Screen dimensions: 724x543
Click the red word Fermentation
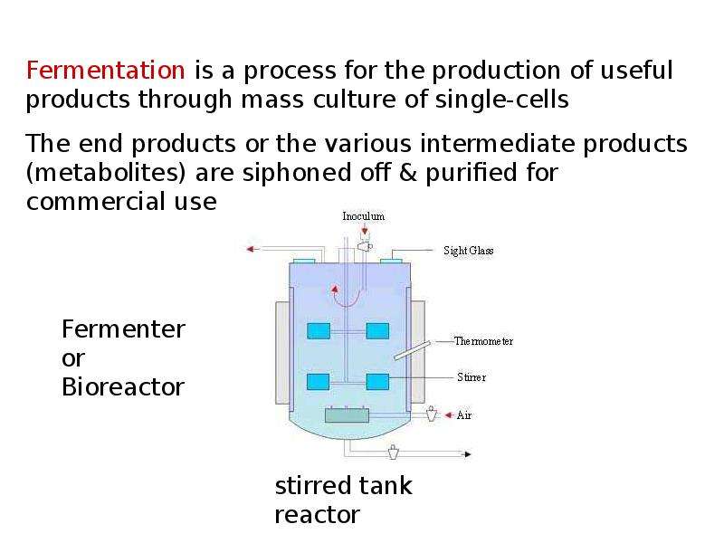pyautogui.click(x=105, y=71)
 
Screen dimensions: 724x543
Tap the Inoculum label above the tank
pyautogui.click(x=364, y=216)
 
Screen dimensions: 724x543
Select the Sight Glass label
pyautogui.click(x=468, y=251)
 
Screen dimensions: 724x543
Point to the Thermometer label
pyautogui.click(x=483, y=341)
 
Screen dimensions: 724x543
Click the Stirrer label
pyautogui.click(x=472, y=377)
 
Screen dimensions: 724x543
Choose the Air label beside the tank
pyautogui.click(x=464, y=415)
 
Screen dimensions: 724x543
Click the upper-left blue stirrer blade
pyautogui.click(x=319, y=331)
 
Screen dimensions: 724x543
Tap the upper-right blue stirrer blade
pyautogui.click(x=377, y=331)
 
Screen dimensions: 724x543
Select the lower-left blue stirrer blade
pyautogui.click(x=319, y=382)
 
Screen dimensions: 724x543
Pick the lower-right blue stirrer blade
pyautogui.click(x=377, y=382)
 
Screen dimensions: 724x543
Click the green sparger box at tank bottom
pyautogui.click(x=348, y=415)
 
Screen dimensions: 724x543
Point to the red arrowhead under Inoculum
pyautogui.click(x=365, y=231)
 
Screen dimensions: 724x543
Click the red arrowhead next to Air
pyautogui.click(x=448, y=415)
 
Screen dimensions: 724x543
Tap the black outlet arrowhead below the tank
pyautogui.click(x=467, y=454)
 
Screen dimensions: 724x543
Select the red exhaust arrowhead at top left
pyautogui.click(x=251, y=250)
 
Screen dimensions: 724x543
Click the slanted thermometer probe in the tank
pyautogui.click(x=412, y=350)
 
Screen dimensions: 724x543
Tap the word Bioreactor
pyautogui.click(x=123, y=387)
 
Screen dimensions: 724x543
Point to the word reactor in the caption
pyautogui.click(x=318, y=515)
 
